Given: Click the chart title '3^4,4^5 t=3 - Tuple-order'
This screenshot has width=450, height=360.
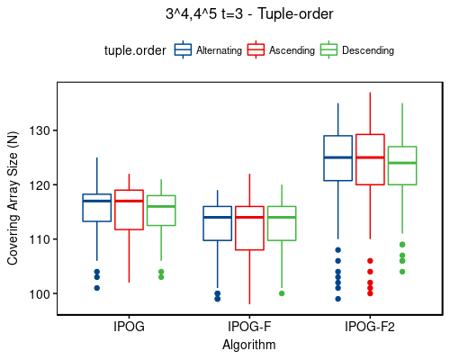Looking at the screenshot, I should tap(249, 14).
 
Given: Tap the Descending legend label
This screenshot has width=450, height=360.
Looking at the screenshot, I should tap(367, 51).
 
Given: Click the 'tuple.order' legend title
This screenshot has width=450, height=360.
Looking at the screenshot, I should tap(135, 51).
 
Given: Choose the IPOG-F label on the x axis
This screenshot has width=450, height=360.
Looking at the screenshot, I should tap(250, 327).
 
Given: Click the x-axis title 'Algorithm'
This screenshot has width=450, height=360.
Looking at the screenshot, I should tap(250, 344).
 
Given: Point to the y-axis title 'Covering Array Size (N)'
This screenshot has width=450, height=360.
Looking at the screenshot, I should tap(13, 198).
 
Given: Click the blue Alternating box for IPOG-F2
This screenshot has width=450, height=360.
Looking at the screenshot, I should tap(337, 158).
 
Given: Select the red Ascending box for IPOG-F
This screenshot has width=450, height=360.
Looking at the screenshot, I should tap(250, 229).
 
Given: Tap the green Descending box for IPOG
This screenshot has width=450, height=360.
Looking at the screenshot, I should tap(161, 211).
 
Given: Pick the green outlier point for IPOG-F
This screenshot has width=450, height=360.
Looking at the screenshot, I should tap(282, 293).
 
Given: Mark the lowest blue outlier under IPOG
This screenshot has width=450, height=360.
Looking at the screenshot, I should tap(97, 288).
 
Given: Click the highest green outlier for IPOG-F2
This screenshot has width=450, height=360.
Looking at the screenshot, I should tap(402, 245).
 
